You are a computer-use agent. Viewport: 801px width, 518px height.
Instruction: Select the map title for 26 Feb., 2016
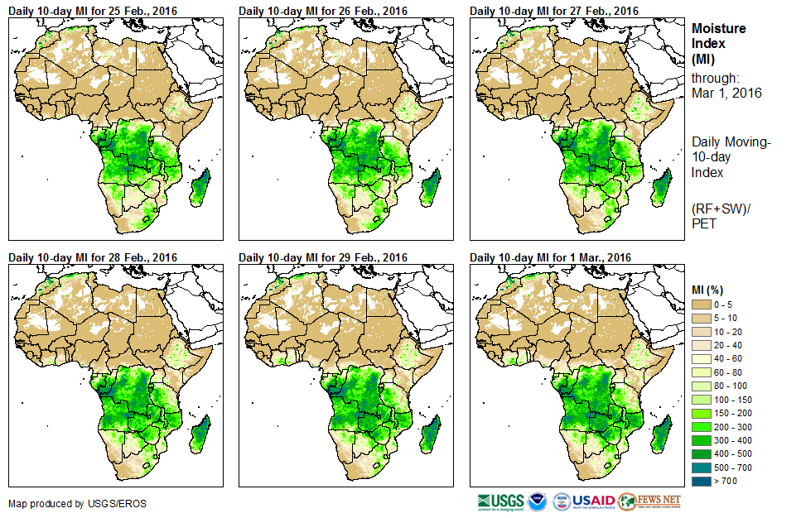coord(323,11)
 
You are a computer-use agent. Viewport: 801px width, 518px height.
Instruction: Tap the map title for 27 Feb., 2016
coord(554,11)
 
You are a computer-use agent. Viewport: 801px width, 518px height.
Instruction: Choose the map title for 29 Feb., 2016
coord(323,257)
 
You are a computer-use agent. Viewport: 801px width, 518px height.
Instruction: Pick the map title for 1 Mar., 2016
coord(551,257)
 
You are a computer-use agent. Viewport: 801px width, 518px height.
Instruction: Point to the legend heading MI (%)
coord(712,290)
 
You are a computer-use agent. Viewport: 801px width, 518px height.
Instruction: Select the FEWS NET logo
coord(649,501)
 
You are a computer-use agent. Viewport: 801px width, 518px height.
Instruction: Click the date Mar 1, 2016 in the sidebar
coord(726,93)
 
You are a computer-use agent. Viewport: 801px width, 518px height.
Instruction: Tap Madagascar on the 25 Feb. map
coord(200,186)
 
